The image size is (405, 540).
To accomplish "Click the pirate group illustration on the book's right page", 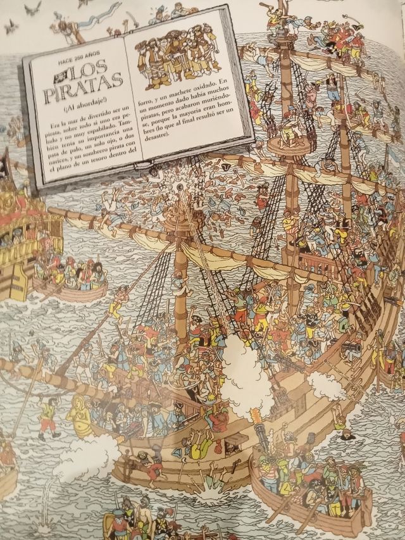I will tap(180, 60).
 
